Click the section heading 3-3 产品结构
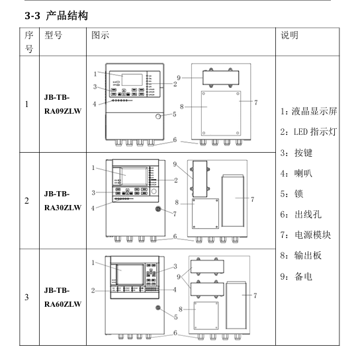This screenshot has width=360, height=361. pos(56,16)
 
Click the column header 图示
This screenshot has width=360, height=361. pos(100,35)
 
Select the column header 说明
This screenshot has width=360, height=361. pos(289,35)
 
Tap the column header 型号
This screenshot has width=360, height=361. pos(53,35)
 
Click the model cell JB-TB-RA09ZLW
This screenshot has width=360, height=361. pos(63,104)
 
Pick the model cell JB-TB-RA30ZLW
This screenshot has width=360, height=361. pos(63,200)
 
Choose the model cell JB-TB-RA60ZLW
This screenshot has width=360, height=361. pos(63,297)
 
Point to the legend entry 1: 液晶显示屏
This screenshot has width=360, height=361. pos(308,111)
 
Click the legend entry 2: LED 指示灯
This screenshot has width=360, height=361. pos(308,132)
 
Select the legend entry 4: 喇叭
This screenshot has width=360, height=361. pos(296,173)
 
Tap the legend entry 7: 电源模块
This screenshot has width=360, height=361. pos(306,235)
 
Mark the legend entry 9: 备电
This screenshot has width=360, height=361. pos(296,276)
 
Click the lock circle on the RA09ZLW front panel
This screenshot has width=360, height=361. pos(158,116)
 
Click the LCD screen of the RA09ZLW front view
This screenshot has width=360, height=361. pos(132,80)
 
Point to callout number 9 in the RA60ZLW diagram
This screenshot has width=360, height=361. pos(179,277)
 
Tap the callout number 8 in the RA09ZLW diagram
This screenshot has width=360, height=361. pos(182,107)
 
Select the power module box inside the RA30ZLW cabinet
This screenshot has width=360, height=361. pos(232,201)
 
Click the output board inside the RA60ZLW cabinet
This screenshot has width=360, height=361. pos(206,315)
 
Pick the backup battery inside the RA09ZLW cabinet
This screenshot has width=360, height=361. pos(221,78)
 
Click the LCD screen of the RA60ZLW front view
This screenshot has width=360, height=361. pos(130,274)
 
